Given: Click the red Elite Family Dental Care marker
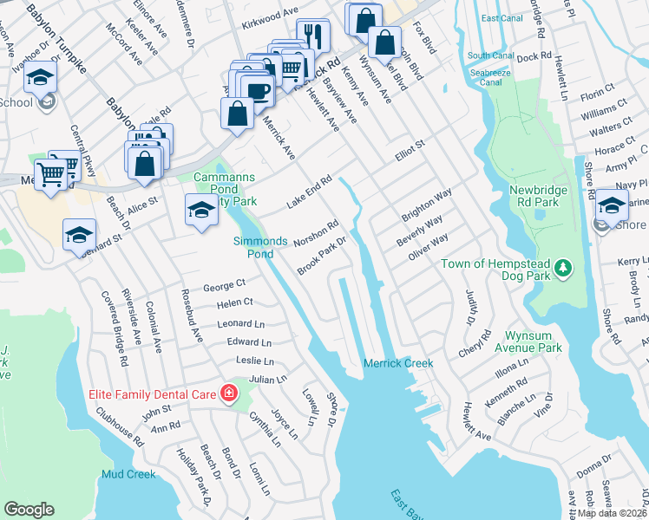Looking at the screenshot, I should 229,394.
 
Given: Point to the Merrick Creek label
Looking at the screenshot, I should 398,363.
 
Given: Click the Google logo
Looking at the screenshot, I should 29,510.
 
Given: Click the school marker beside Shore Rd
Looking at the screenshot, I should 612,205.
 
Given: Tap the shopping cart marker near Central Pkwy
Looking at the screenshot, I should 52,174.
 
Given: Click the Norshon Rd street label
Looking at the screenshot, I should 316,231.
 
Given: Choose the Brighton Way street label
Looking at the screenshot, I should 427,205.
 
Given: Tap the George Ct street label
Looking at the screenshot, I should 225,283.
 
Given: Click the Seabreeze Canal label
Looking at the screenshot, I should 491,76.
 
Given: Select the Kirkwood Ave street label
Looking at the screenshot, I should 270,15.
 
